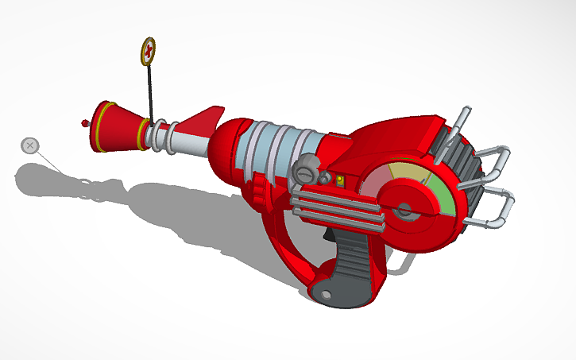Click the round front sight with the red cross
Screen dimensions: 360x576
(149, 52)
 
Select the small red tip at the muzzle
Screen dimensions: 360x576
(85, 123)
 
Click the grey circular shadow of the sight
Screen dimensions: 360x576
(30, 145)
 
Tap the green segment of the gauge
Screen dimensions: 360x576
(443, 199)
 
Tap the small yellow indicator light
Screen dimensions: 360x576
(341, 181)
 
